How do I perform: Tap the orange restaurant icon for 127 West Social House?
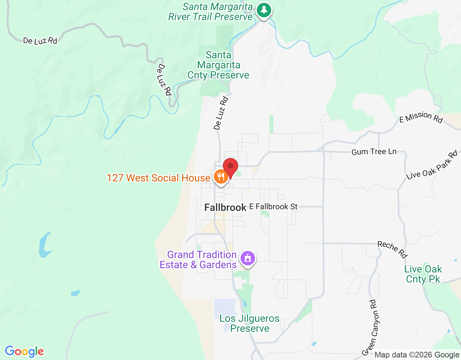[220, 177]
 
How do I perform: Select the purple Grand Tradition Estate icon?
[248, 258]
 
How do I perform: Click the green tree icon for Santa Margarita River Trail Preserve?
[264, 10]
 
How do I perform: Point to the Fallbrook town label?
[225, 207]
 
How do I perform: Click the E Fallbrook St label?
[273, 207]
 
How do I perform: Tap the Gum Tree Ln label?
[374, 152]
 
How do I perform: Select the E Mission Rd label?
[421, 117]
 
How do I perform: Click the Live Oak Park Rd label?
[432, 165]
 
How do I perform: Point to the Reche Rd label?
[392, 249]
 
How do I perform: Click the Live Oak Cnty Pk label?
[423, 274]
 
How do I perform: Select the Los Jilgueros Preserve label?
[250, 323]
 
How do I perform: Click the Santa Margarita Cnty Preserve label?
[218, 65]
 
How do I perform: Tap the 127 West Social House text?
[158, 178]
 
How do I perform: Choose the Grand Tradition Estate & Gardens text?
[198, 260]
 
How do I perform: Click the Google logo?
[24, 351]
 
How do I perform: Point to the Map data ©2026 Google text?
[417, 355]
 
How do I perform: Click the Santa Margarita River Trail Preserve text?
[211, 12]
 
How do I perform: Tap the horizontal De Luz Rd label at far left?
[40, 41]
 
